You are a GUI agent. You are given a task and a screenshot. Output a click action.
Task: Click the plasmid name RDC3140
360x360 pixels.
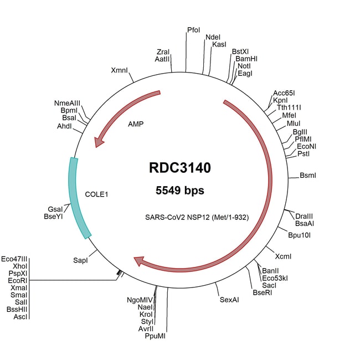pos(180,167)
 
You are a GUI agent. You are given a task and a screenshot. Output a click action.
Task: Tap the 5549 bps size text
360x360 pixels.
pos(180,191)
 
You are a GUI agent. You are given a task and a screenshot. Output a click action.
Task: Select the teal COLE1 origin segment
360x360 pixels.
pos(79,197)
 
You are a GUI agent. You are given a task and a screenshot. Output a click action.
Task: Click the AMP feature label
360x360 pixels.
pos(135,124)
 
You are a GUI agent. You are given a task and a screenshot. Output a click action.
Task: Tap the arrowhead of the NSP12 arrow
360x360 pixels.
pos(139,260)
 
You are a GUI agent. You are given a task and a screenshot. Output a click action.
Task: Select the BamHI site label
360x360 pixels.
pos(246,58)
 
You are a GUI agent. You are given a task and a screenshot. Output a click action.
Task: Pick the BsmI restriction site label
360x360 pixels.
pos(307,176)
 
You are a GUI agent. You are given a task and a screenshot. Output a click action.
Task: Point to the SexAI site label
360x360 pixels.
pos(229,300)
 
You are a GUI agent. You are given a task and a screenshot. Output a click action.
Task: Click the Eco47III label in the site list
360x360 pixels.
pos(14,259)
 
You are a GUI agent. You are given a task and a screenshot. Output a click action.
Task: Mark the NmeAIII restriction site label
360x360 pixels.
pos(67,103)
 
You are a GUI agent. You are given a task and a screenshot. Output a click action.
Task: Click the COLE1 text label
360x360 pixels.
pos(96,194)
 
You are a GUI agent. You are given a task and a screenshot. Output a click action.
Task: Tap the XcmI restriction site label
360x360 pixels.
pos(283,256)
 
